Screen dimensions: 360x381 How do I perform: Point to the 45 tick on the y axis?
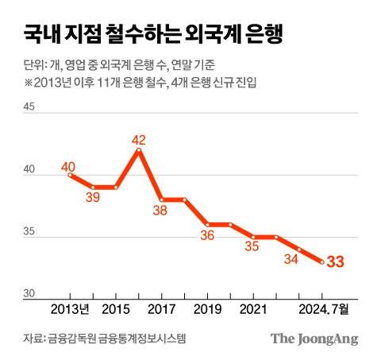(29, 108)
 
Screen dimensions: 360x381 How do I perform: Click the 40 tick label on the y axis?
(29, 170)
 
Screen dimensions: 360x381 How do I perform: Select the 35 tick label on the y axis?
(29, 232)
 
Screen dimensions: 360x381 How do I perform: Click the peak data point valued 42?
(140, 149)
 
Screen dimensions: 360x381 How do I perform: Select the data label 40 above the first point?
(68, 168)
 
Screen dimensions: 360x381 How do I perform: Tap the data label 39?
(93, 198)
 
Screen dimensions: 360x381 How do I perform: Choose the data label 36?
(207, 235)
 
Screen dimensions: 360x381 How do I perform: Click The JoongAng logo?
(314, 339)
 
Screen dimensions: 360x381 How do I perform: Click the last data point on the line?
(321, 261)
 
